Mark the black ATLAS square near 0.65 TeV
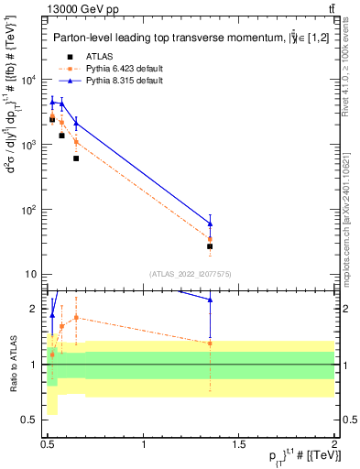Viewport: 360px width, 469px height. tap(76, 158)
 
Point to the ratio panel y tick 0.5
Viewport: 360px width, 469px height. tap(32, 420)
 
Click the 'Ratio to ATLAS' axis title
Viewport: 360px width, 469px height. tap(12, 364)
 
